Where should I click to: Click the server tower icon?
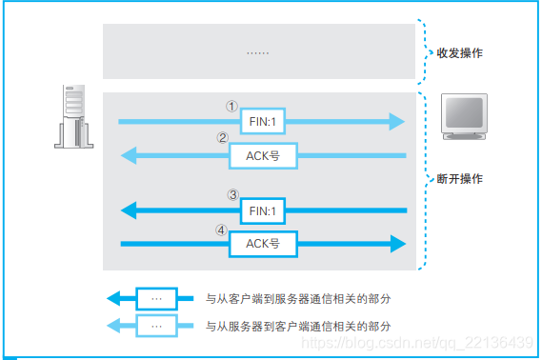[74, 115]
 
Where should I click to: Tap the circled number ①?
[231, 106]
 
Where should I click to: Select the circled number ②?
[222, 138]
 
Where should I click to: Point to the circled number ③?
[232, 194]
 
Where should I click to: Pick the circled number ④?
[222, 229]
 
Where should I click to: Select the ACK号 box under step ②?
[263, 155]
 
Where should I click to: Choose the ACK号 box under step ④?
[263, 244]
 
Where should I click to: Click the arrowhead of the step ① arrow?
[395, 122]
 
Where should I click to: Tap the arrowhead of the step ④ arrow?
[396, 244]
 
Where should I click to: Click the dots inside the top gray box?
[257, 52]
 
